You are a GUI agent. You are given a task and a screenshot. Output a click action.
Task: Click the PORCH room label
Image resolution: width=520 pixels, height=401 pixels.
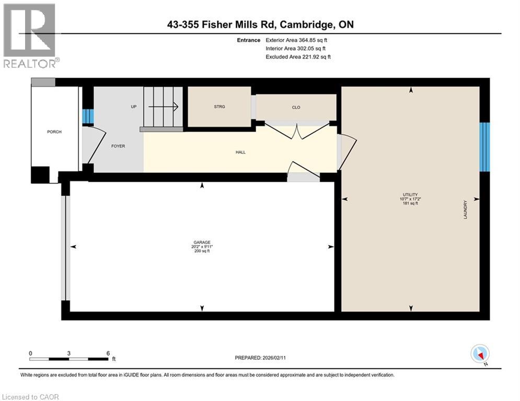point(54,132)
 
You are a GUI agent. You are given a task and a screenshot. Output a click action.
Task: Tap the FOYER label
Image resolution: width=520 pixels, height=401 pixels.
point(118,146)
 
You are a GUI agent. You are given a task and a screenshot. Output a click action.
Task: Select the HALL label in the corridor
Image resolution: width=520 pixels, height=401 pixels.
point(240,152)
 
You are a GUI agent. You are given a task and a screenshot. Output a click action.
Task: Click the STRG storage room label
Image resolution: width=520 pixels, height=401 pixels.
point(219,107)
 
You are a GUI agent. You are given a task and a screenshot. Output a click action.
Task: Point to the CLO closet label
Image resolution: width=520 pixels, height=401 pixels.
point(296,108)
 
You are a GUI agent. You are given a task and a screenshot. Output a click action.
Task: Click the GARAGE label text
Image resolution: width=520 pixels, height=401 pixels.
point(202,242)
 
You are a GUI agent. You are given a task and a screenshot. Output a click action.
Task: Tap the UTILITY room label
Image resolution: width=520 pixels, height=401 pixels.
point(411,194)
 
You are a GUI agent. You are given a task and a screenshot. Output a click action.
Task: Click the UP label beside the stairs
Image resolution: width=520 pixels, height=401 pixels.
point(133,107)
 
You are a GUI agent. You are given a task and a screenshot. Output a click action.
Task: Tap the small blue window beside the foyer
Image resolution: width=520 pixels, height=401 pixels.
point(88,116)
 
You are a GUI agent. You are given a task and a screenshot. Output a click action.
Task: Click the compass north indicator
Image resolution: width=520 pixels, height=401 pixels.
point(479,355)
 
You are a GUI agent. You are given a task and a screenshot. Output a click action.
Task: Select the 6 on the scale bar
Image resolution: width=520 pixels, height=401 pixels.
point(107,353)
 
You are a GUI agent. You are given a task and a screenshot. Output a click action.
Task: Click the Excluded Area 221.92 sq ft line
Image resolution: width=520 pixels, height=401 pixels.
point(298,56)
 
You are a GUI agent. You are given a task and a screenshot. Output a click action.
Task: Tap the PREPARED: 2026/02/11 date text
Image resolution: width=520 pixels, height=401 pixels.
point(264,358)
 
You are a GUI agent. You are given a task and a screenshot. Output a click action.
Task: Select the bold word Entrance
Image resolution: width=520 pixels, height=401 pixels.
point(248,40)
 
